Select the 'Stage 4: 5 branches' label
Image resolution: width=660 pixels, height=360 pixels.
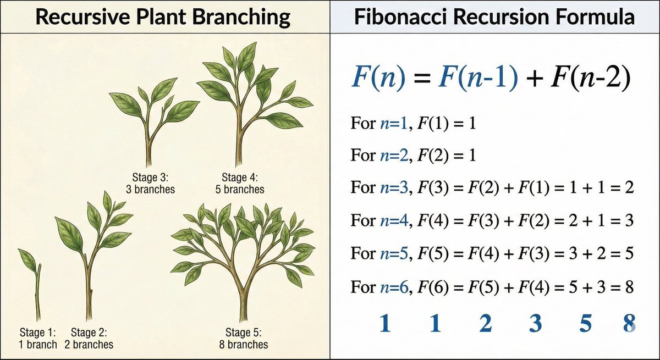click(x=243, y=184)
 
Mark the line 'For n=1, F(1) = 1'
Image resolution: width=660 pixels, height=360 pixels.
click(x=413, y=123)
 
